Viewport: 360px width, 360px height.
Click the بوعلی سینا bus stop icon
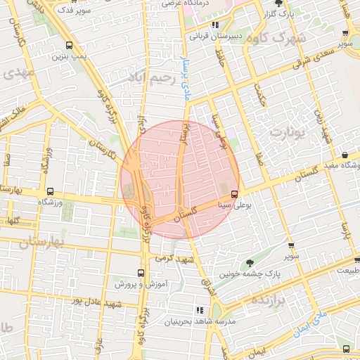[x=234, y=195]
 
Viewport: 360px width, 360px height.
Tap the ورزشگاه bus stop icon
[x=49, y=191]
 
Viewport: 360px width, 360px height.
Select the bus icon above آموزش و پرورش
[x=141, y=272]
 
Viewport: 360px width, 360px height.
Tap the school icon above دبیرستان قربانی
[x=195, y=24]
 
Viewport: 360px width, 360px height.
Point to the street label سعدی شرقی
[x=313, y=56]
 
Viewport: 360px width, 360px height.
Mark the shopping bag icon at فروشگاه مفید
[x=345, y=155]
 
